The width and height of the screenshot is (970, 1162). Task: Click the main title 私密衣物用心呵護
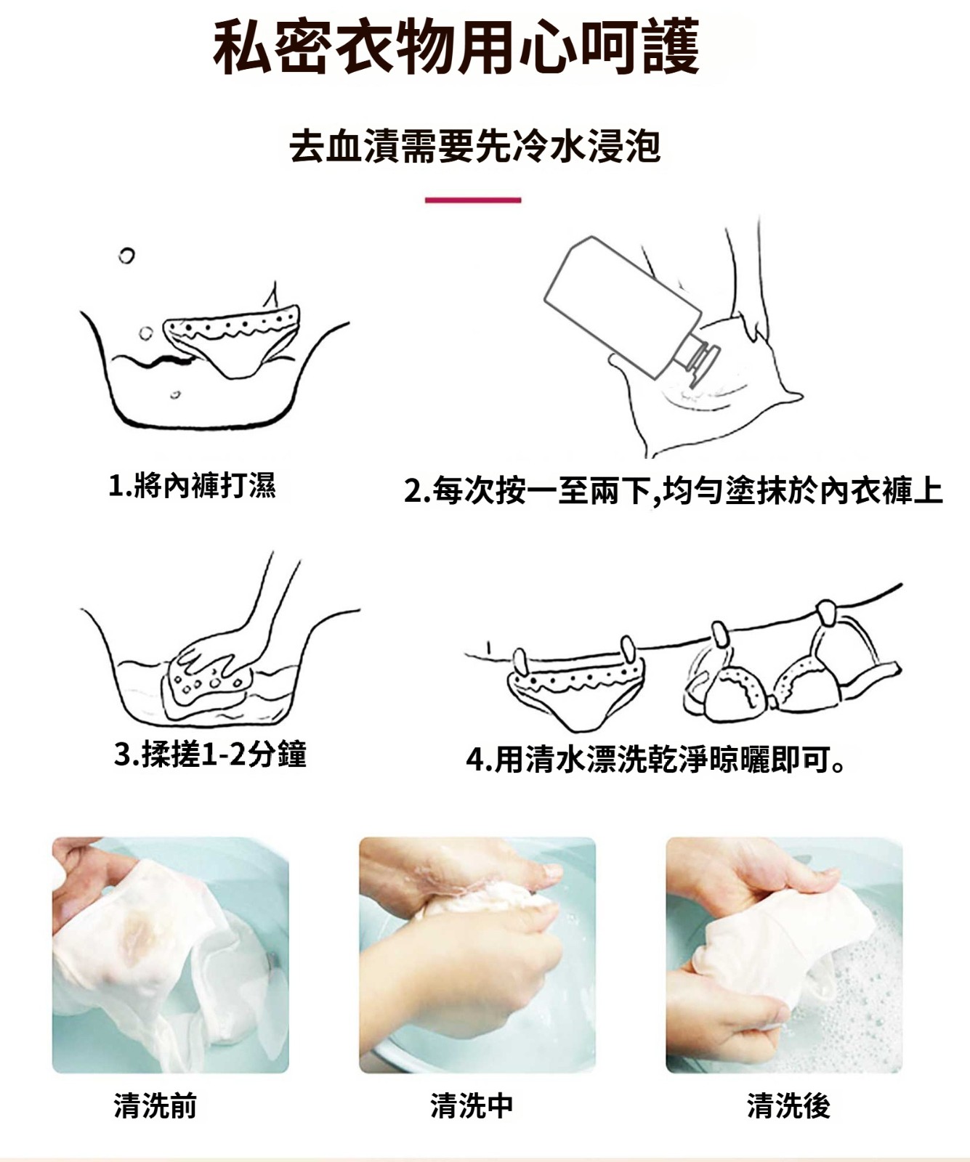pyautogui.click(x=457, y=47)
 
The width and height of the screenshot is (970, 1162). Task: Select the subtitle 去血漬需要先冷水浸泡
pyautogui.click(x=475, y=145)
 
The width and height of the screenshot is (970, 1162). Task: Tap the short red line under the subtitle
pyautogui.click(x=473, y=200)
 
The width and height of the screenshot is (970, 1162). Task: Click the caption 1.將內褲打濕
pyautogui.click(x=193, y=485)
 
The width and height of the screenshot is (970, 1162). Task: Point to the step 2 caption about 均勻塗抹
pyautogui.click(x=673, y=491)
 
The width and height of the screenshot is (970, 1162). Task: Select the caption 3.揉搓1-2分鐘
pyautogui.click(x=211, y=755)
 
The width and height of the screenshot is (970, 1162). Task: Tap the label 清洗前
pyautogui.click(x=155, y=1105)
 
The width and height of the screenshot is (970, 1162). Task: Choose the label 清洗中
pyautogui.click(x=472, y=1105)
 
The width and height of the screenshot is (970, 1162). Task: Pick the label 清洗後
pyautogui.click(x=788, y=1105)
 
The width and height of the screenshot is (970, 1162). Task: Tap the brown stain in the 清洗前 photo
pyautogui.click(x=138, y=933)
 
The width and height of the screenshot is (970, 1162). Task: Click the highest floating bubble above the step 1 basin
pyautogui.click(x=126, y=256)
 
